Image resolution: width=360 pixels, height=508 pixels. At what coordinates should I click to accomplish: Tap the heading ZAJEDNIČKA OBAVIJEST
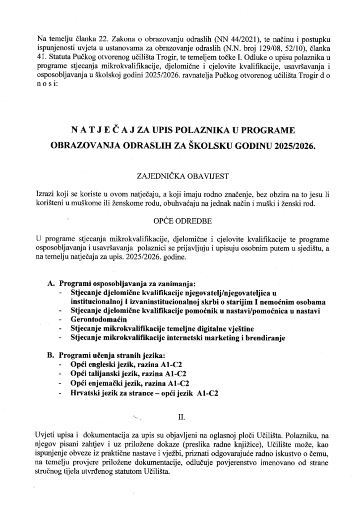[x=180, y=175]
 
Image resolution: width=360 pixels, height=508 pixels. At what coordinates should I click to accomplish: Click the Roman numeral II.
[x=180, y=415]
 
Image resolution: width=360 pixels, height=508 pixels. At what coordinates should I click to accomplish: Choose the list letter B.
[x=50, y=356]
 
